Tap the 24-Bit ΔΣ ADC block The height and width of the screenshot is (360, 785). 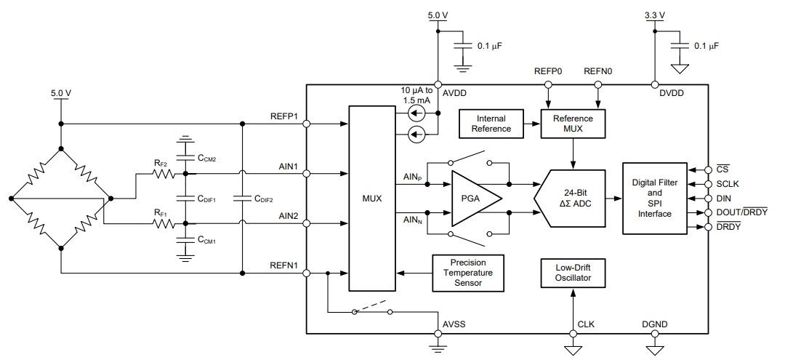click(x=570, y=197)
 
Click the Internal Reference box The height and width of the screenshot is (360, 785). click(x=491, y=124)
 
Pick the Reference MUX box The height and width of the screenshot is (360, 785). click(x=573, y=124)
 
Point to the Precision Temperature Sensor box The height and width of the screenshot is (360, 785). click(x=468, y=273)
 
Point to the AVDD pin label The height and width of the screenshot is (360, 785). click(x=456, y=93)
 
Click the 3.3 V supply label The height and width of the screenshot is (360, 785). click(x=656, y=15)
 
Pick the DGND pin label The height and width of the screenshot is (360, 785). click(x=655, y=324)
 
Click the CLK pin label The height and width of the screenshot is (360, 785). click(x=586, y=324)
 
